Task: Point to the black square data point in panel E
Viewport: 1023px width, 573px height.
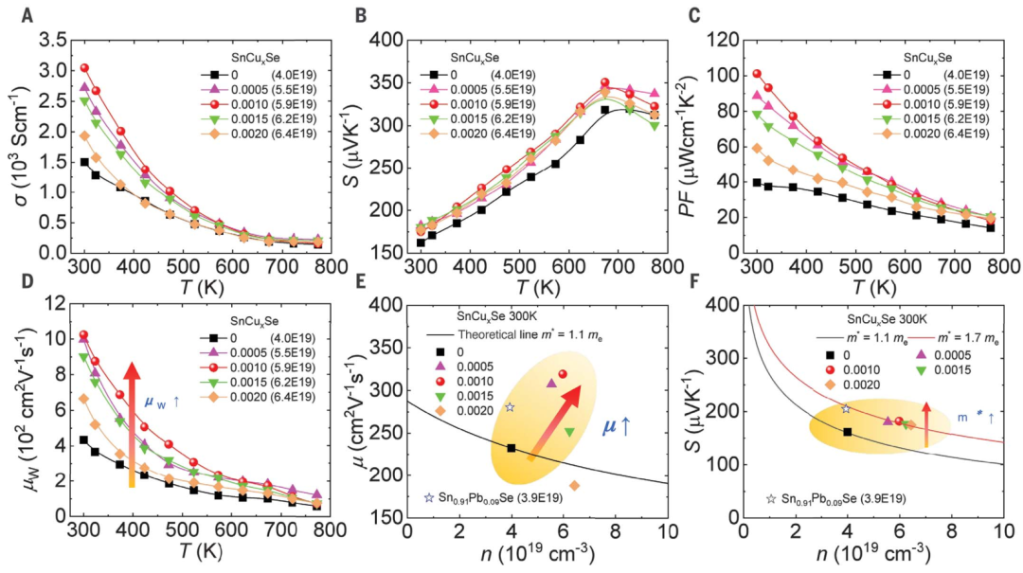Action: click(x=511, y=448)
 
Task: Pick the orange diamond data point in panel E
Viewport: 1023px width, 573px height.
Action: click(x=574, y=486)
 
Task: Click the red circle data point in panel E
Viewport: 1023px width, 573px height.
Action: click(x=563, y=374)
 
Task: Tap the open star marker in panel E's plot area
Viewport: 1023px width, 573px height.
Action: click(x=510, y=407)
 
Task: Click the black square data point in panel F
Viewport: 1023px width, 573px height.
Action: click(x=848, y=432)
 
